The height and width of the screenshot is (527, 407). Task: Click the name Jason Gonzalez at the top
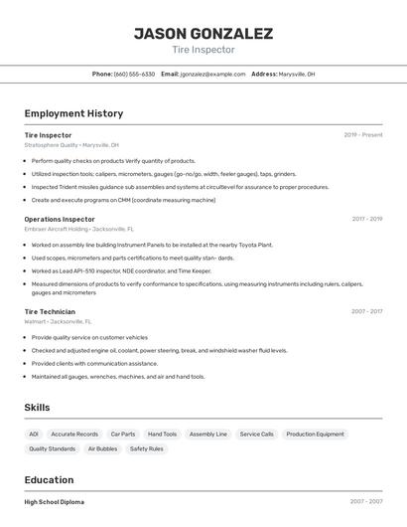[203, 33]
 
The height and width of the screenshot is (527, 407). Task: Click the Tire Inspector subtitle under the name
[203, 49]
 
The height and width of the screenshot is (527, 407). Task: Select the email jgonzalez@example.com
[211, 75]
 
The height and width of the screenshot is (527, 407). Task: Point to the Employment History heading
[73, 113]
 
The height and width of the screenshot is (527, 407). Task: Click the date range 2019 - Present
[363, 134]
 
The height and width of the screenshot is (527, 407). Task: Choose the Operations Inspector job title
[60, 219]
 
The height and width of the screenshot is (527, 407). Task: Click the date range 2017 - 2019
[367, 219]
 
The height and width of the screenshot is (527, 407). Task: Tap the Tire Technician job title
[50, 311]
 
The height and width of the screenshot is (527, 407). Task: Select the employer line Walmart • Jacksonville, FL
[58, 322]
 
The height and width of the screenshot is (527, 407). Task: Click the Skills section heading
[38, 408]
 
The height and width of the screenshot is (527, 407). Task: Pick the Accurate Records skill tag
[74, 435]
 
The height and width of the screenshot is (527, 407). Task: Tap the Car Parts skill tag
[123, 435]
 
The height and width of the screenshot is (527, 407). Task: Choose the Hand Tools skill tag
[162, 435]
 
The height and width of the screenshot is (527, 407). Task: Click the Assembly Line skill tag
[207, 435]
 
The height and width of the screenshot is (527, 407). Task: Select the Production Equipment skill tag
[315, 435]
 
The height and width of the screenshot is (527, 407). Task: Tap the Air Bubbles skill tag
[102, 449]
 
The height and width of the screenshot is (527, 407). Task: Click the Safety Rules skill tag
[147, 449]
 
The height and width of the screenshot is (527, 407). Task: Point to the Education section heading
[49, 479]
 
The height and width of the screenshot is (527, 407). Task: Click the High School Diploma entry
[55, 502]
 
